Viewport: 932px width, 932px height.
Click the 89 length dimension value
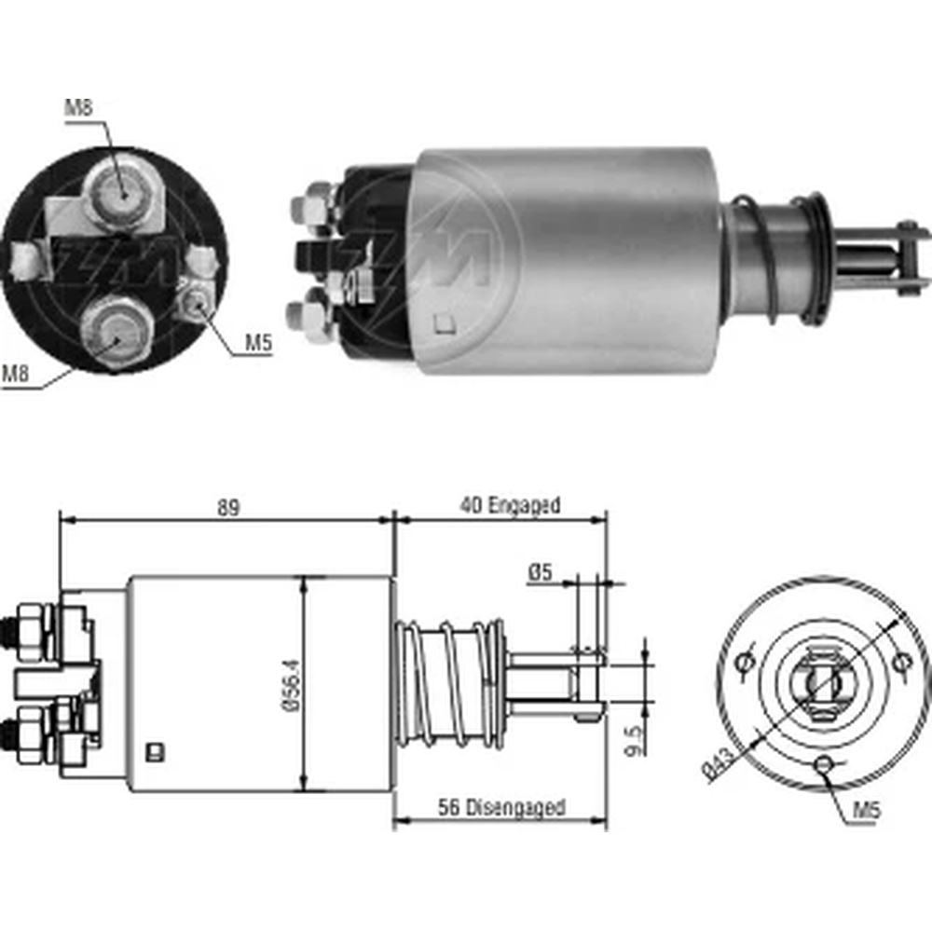(x=228, y=508)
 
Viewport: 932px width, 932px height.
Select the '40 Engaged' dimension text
(x=510, y=506)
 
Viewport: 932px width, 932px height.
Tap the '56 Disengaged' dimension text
(x=501, y=807)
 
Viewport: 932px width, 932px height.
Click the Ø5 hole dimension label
(x=540, y=572)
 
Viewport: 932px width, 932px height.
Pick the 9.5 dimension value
(x=635, y=741)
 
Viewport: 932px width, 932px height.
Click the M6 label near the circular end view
(x=867, y=810)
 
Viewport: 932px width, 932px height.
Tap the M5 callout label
(x=258, y=342)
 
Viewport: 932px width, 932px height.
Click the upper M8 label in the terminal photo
(x=79, y=107)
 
